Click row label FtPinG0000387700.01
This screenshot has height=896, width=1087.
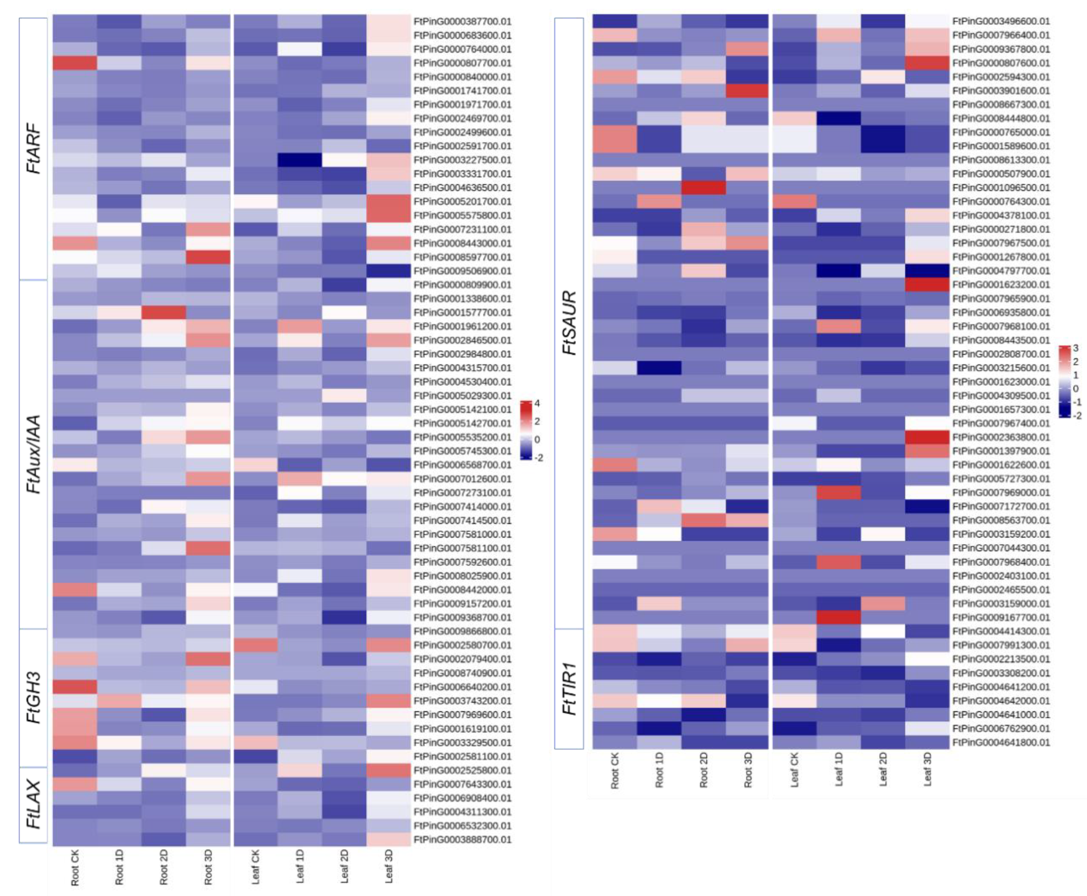462,22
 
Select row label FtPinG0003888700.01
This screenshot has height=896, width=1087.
462,839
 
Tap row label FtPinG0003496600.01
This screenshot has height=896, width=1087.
1001,22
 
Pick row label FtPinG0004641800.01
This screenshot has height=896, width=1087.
1001,742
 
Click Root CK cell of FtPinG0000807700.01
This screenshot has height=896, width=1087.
75,63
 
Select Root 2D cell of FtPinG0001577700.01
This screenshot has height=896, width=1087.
164,312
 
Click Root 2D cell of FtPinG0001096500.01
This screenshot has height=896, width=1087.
703,187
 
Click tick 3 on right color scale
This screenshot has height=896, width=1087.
1076,348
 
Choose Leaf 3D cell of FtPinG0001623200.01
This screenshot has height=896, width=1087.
927,284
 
